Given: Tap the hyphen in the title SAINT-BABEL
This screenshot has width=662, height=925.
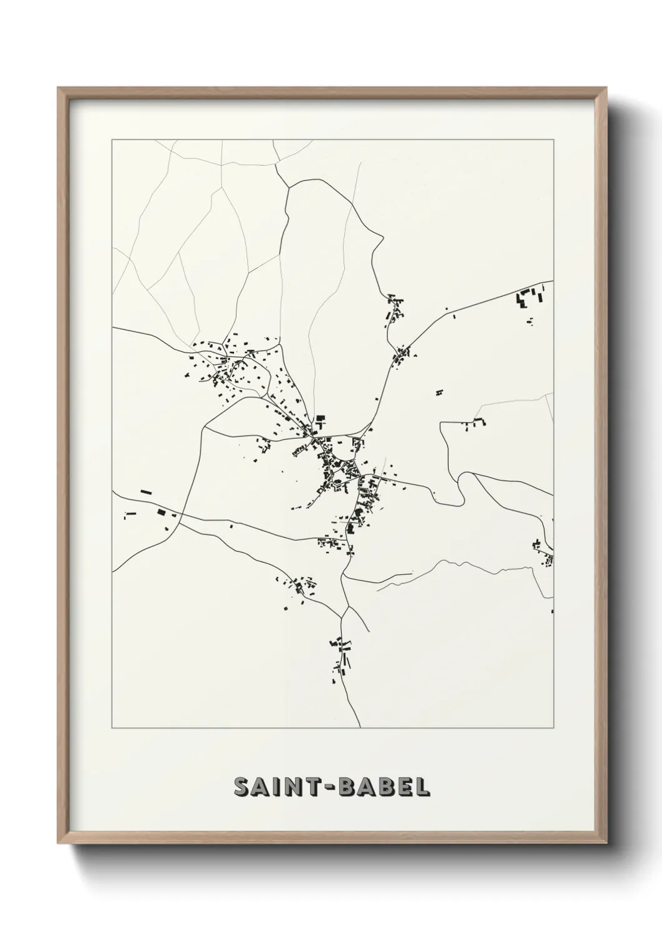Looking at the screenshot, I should pos(330,788).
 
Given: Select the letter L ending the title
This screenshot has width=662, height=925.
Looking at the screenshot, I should pos(423,787).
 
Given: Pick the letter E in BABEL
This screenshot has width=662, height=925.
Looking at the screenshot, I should pos(404,787).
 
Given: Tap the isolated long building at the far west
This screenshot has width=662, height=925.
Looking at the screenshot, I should pos(146,492).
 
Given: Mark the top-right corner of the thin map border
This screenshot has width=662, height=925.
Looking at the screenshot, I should pos(554,139).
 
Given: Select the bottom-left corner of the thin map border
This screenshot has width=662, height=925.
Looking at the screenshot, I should pos(112,728).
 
